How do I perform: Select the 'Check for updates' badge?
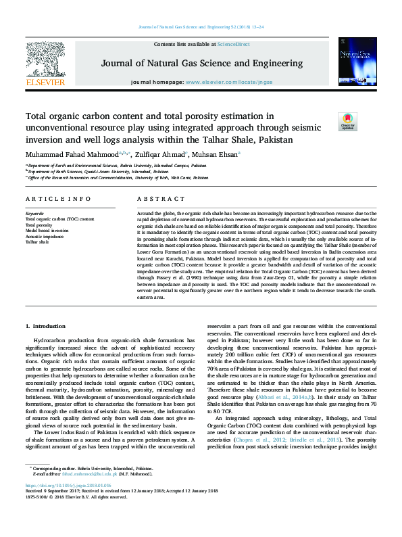point(347,122)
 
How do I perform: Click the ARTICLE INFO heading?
point(57,199)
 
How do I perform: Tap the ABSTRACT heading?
point(157,199)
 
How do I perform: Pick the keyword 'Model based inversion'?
point(47,230)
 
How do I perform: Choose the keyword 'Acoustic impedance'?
point(45,235)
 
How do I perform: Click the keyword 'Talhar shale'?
point(37,241)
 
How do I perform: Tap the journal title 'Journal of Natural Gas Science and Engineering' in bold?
point(202,63)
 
